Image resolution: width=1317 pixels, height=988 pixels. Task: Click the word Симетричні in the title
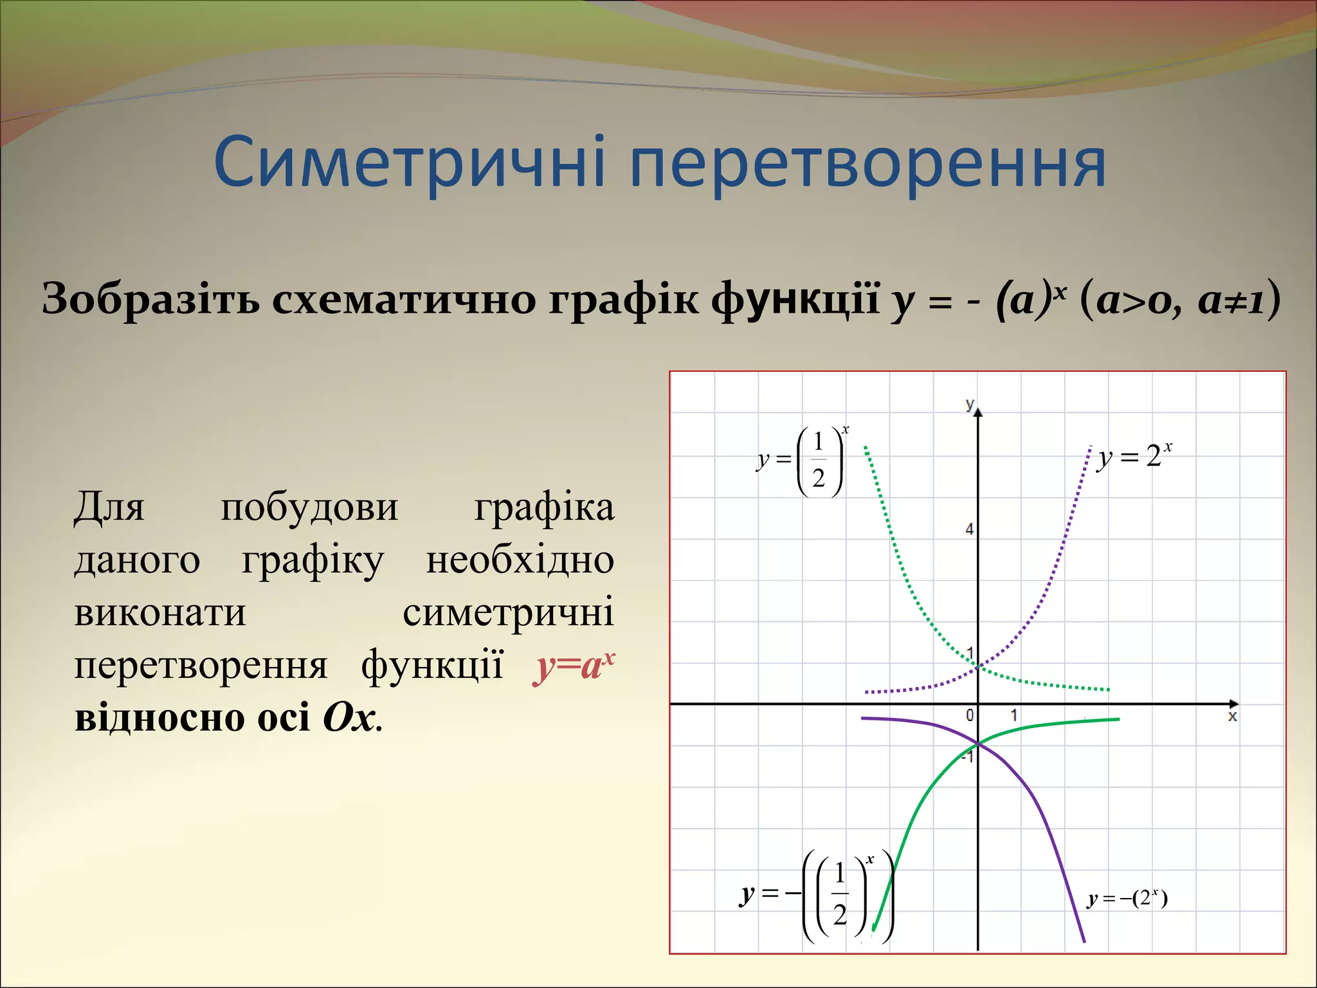(x=409, y=162)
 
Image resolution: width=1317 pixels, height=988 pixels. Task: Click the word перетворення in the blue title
(x=867, y=164)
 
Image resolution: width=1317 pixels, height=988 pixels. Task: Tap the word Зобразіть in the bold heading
(x=151, y=299)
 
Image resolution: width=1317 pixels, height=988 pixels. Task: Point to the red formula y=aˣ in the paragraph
(x=574, y=666)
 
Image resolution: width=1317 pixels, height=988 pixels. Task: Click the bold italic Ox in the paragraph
(x=349, y=717)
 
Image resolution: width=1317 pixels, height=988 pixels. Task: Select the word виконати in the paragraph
(x=160, y=612)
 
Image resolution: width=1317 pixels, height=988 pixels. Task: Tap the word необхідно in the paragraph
(x=520, y=560)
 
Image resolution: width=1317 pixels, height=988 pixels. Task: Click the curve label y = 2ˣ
(x=1136, y=456)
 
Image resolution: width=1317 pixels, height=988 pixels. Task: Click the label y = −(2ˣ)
(x=1127, y=898)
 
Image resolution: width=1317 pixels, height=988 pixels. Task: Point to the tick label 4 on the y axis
(x=969, y=529)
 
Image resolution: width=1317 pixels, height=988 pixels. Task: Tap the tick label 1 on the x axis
(x=1013, y=715)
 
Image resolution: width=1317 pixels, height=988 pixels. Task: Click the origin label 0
(x=970, y=715)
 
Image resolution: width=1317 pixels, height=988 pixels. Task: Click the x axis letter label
(x=1232, y=717)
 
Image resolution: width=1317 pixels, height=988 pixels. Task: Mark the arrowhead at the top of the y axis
(x=978, y=411)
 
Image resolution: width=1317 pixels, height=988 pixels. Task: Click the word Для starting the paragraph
(x=109, y=507)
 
